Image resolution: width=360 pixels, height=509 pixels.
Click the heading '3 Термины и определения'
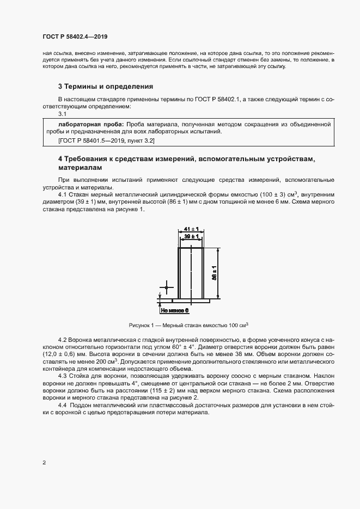(105, 87)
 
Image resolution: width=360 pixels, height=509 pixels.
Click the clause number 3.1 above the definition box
(62, 114)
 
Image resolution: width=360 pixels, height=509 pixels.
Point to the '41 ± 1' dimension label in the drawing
(191, 230)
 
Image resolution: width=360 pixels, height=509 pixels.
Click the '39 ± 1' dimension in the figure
(191, 237)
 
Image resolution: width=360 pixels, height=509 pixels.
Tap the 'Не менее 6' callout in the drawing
(174, 310)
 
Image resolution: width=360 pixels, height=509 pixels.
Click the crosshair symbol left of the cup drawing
(166, 287)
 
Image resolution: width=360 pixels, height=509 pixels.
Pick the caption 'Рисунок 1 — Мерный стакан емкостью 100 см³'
(188, 325)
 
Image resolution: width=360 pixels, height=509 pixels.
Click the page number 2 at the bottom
(44, 463)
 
